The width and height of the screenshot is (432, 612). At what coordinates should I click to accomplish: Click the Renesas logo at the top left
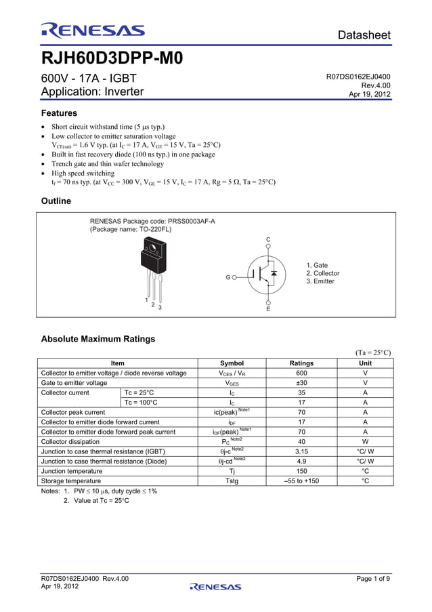[92, 30]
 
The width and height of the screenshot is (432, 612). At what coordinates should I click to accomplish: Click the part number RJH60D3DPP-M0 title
[112, 58]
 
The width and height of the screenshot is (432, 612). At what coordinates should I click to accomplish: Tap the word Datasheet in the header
[364, 35]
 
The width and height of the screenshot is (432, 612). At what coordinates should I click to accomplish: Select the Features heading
[59, 113]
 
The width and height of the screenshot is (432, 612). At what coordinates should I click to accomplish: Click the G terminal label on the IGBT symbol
[228, 277]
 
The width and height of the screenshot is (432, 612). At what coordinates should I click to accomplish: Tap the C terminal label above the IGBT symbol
[268, 240]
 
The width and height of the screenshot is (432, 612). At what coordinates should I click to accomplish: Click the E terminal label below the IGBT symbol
[268, 309]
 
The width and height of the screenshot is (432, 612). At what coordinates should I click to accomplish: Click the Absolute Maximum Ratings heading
[98, 339]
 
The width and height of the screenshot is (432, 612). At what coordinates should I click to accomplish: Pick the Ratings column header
[301, 363]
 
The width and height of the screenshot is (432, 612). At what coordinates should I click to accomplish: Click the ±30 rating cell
[301, 383]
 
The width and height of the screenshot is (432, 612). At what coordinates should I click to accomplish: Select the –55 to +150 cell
[301, 481]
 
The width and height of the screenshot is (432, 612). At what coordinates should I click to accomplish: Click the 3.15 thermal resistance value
[301, 451]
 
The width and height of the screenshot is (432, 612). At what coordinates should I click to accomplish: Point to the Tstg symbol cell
[232, 481]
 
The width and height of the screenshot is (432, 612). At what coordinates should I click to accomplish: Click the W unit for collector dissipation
[365, 441]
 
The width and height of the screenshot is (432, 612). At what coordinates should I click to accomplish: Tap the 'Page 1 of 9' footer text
[373, 578]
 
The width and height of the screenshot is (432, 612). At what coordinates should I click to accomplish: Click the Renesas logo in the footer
[215, 587]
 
